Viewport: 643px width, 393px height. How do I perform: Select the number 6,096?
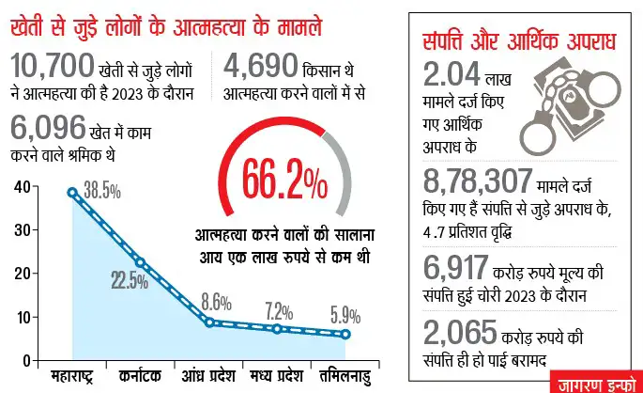(x=44, y=129)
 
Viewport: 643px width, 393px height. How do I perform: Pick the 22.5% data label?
(x=129, y=280)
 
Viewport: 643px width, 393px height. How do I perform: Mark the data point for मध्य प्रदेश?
(x=277, y=329)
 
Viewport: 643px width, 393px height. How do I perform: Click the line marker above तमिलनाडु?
(x=346, y=335)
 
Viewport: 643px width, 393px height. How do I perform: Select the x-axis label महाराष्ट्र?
(x=73, y=376)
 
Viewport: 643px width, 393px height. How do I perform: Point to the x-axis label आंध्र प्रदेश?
(x=209, y=376)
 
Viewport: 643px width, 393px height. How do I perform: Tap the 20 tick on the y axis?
(x=20, y=273)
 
